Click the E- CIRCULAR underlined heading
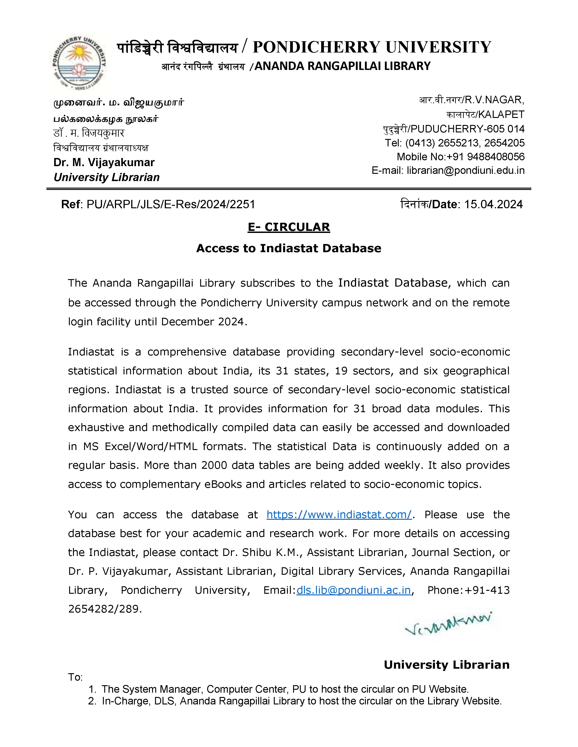tap(289, 227)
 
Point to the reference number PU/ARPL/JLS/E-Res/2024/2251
tap(170, 205)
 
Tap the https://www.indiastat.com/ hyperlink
tap(339, 515)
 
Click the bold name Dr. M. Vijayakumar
tap(104, 163)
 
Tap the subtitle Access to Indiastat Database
tap(289, 248)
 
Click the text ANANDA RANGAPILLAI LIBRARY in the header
tap(342, 66)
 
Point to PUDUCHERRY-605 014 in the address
tap(467, 129)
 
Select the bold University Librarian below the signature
tap(447, 665)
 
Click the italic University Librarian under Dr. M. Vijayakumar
tap(107, 177)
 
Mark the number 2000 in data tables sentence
tap(214, 465)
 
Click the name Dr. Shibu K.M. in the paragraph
tap(262, 552)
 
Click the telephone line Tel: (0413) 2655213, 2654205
tap(454, 143)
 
